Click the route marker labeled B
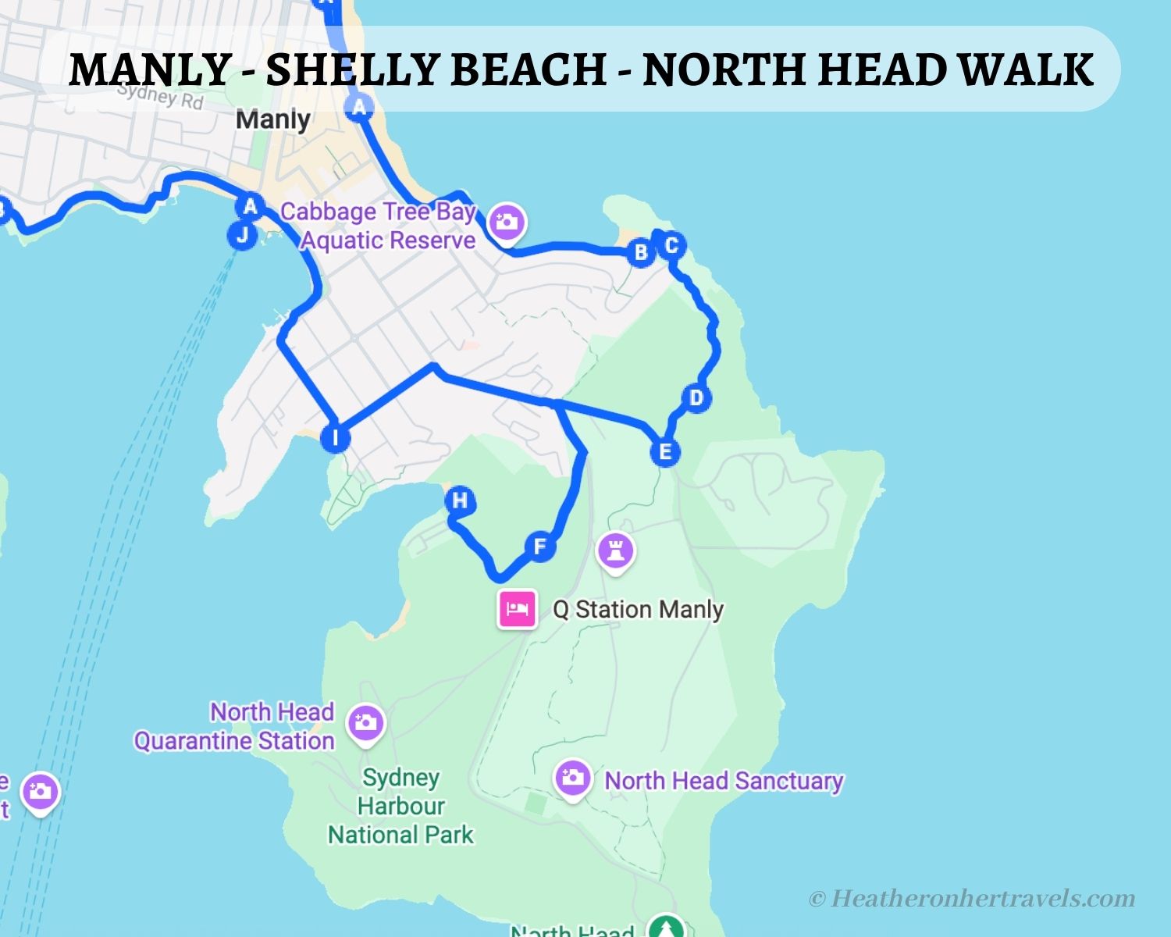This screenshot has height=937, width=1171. tap(641, 252)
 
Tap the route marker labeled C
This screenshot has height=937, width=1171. tap(671, 245)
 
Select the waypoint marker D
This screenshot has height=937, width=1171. tap(696, 397)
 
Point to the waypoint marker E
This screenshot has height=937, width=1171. tap(665, 451)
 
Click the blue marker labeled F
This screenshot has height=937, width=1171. tap(539, 546)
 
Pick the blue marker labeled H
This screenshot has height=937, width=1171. tap(460, 501)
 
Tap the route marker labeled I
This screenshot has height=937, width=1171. tap(336, 437)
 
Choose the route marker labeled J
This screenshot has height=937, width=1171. tap(242, 234)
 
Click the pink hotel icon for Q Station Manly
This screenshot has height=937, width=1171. tap(518, 608)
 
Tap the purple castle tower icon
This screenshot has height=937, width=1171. tap(616, 551)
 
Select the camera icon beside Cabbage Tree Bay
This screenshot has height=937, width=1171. tap(507, 222)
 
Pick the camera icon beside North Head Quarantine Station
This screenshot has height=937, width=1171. tap(365, 723)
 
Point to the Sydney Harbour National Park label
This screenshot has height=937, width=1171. tap(400, 806)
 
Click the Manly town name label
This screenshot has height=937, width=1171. tap(273, 119)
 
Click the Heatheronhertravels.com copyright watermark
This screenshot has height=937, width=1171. tap(972, 899)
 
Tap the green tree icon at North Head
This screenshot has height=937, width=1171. tap(666, 928)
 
